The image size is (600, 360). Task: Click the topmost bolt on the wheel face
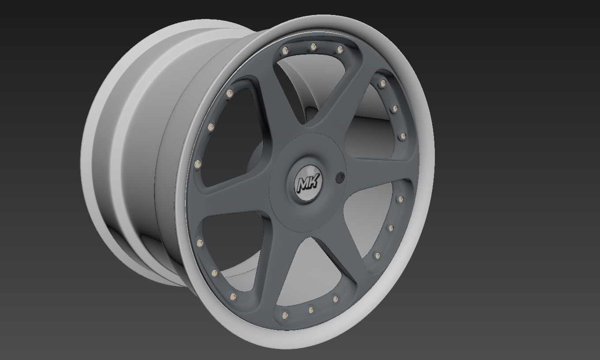(313, 46)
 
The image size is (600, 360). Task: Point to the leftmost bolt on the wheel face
(197, 164)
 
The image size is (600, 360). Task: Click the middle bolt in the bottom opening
(311, 310)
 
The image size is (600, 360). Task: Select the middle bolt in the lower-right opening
(390, 228)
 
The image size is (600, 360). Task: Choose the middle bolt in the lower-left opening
(214, 273)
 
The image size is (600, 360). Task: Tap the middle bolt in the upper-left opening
(211, 127)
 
